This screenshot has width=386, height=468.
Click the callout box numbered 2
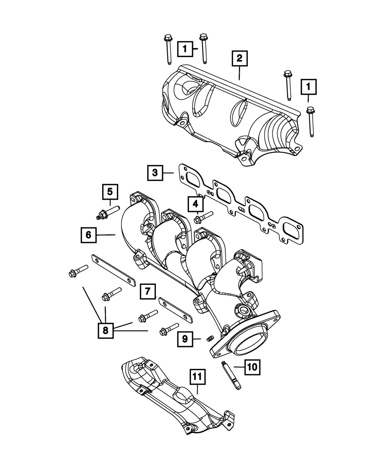[x=239, y=59]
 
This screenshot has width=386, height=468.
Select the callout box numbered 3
[x=155, y=173]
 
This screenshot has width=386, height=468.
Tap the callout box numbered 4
[x=196, y=204]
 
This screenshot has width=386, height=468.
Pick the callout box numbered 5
[x=110, y=191]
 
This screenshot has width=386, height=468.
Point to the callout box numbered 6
[x=89, y=235]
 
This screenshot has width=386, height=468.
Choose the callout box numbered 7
[x=148, y=291]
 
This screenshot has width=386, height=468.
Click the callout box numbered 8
[x=105, y=330]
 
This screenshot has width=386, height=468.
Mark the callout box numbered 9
[x=185, y=339]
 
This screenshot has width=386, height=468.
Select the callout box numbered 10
[x=252, y=367]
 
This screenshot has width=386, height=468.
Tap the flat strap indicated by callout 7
[x=176, y=311]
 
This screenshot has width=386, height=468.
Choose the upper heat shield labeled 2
[x=232, y=116]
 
